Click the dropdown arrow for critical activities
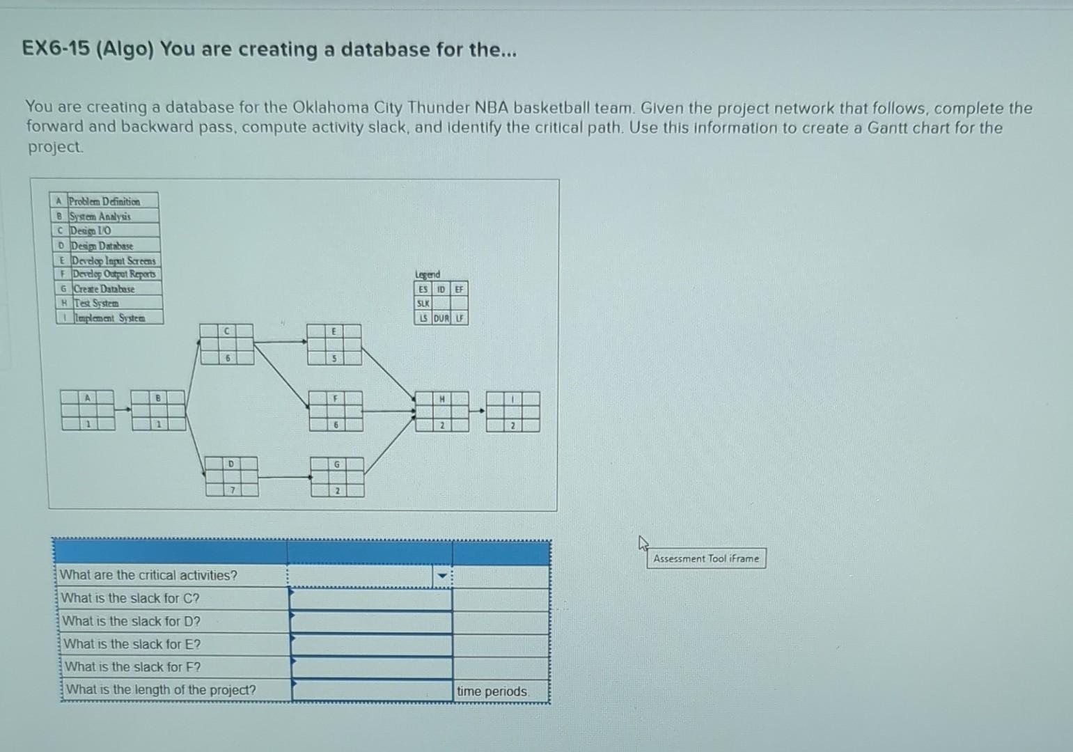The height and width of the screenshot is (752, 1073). tap(441, 576)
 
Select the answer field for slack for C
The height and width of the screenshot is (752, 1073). tap(370, 599)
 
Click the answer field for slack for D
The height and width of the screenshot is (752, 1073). tap(370, 622)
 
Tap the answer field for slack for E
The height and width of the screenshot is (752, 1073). tap(371, 645)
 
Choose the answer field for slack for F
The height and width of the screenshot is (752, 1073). tap(372, 667)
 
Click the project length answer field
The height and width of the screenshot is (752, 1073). tap(373, 690)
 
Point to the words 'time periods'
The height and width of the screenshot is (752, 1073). tap(492, 691)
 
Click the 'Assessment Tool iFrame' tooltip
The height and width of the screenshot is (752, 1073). tap(706, 558)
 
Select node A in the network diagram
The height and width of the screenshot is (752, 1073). tap(88, 410)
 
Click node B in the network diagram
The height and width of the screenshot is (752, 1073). tap(159, 410)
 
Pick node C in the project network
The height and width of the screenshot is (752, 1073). tap(227, 344)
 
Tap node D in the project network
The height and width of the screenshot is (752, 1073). tap(231, 476)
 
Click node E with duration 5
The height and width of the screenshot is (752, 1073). tap(334, 345)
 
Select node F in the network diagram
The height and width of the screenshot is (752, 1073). tap(336, 411)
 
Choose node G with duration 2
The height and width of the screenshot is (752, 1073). tap(337, 476)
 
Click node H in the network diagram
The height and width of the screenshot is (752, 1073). tap(442, 412)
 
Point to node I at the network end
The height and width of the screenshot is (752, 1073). tap(513, 412)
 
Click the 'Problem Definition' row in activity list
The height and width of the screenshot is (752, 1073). tap(104, 201)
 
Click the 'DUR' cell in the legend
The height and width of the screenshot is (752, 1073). tap(441, 318)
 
